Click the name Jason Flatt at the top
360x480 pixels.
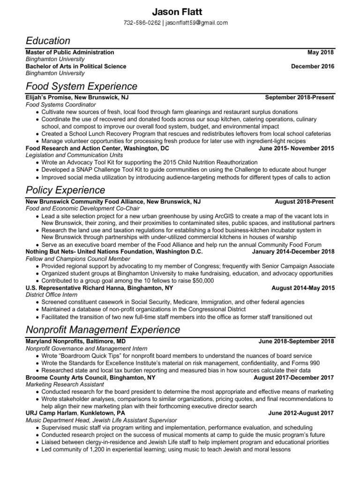(x=180, y=11)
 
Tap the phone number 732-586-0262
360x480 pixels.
(x=142, y=22)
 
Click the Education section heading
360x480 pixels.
(x=48, y=41)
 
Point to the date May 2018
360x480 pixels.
(x=321, y=52)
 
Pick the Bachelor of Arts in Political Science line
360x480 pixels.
(x=76, y=67)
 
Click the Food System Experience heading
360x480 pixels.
(x=82, y=86)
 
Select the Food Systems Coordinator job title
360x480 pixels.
(x=60, y=105)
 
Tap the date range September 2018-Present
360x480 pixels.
(x=300, y=98)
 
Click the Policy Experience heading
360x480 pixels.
(x=66, y=190)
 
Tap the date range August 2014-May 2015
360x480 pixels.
(x=303, y=288)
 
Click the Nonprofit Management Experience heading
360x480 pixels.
(x=103, y=330)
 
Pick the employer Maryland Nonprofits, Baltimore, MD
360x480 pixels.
(x=75, y=342)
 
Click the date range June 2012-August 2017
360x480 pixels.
(x=301, y=413)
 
